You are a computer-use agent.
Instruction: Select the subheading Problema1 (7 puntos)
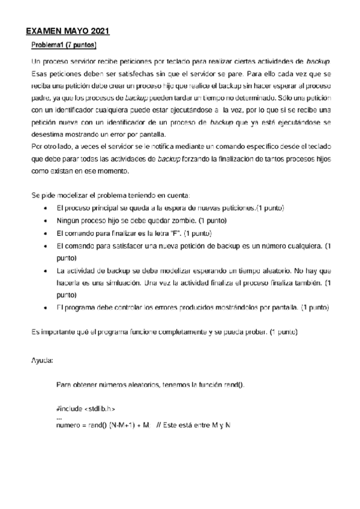click(64, 45)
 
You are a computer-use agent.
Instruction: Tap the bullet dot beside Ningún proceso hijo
click(46, 220)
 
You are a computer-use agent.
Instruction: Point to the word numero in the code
click(69, 425)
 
